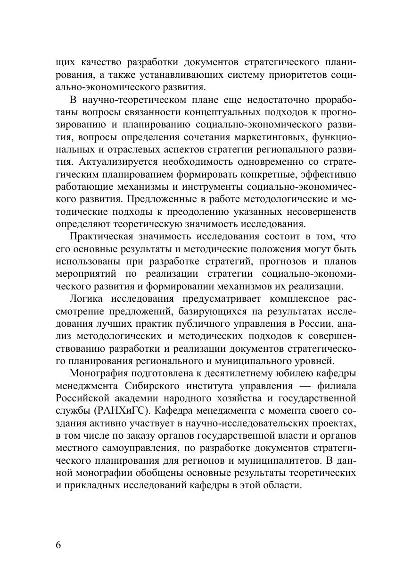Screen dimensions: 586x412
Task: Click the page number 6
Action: pyautogui.click(x=58, y=544)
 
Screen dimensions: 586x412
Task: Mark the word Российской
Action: pyautogui.click(x=82, y=396)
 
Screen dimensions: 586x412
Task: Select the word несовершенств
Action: pyautogui.click(x=321, y=212)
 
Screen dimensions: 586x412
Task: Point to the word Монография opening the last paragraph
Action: pyautogui.click(x=99, y=371)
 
